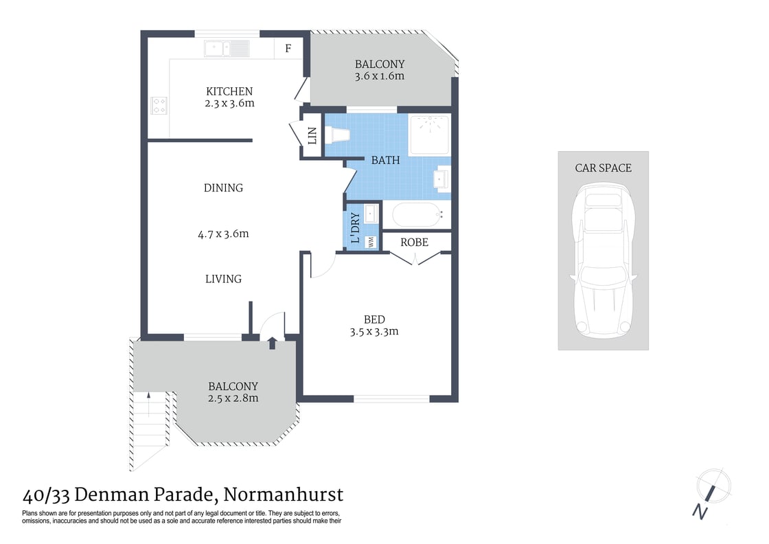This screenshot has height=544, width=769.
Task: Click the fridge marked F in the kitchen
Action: tap(288, 48)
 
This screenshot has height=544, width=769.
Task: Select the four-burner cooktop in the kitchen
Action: tap(159, 105)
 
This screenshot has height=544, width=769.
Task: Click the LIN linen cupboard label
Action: tap(312, 136)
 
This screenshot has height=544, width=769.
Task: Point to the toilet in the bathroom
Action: tap(336, 136)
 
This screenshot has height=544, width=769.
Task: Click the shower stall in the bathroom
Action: tap(430, 135)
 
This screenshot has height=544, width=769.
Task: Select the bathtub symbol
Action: tap(415, 216)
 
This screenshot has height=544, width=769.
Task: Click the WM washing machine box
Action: tap(371, 241)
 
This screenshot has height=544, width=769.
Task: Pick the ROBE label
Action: tap(414, 242)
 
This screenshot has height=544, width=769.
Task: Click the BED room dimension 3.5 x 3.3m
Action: tap(374, 332)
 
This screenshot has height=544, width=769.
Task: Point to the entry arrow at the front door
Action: tap(273, 343)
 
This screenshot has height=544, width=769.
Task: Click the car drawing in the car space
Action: tap(603, 263)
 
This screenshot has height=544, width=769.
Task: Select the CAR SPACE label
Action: tap(603, 168)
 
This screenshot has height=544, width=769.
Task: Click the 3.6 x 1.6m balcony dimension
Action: tap(379, 76)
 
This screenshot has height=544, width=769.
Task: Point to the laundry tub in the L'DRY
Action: tap(371, 214)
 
